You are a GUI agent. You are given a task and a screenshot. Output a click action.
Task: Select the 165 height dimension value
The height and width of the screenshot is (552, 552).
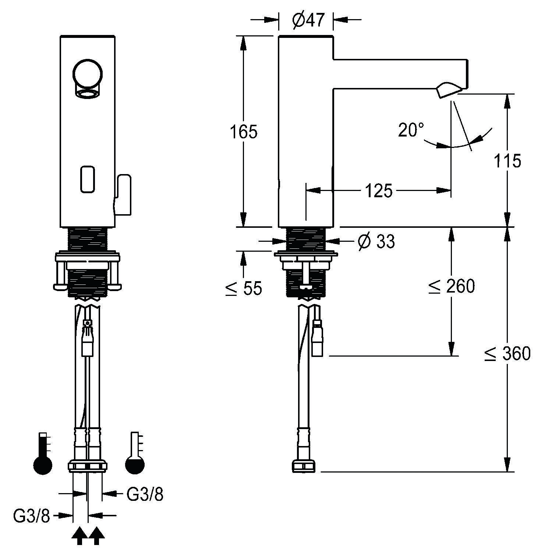click(x=244, y=131)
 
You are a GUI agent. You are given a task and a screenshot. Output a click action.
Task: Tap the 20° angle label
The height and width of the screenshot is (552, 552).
click(x=411, y=130)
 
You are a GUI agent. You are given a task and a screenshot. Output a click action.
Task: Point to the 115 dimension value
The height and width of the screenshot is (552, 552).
click(x=507, y=161)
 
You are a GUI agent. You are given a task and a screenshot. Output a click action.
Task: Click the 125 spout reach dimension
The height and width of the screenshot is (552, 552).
click(x=379, y=191)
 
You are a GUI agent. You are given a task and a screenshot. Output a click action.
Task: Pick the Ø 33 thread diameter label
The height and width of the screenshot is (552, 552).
click(x=376, y=242)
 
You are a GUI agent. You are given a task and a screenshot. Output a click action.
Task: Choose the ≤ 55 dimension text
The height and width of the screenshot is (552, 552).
click(x=244, y=288)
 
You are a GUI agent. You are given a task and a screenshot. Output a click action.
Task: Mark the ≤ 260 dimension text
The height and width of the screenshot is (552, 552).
click(x=452, y=286)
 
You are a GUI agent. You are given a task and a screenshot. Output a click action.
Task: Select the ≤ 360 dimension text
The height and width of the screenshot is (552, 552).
click(x=507, y=354)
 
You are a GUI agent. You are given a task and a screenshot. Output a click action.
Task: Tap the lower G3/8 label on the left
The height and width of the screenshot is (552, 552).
click(x=31, y=516)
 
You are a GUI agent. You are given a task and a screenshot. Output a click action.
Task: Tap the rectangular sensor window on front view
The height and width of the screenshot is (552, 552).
click(x=88, y=179)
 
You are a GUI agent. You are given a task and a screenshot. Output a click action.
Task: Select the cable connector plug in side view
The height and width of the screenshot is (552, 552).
click(x=317, y=339)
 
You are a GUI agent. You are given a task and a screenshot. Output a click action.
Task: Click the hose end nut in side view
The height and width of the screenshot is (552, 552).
click(x=304, y=467)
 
